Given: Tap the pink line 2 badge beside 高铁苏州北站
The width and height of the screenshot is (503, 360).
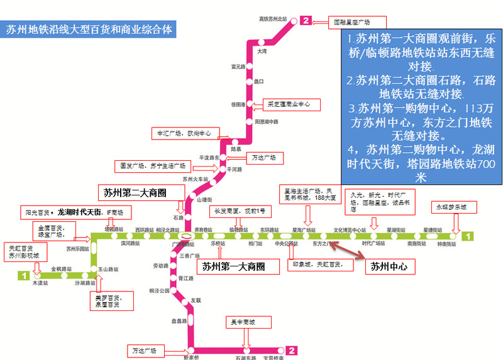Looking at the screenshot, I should pos(306,21).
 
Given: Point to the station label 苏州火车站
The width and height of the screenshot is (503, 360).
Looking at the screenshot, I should pos(194,179).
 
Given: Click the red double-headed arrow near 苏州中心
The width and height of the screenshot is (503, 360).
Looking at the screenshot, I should pos(349,249).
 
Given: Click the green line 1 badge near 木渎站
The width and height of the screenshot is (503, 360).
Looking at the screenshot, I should pos(23,275).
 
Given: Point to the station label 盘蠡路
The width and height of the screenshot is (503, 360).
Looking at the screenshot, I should pos(179,321).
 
